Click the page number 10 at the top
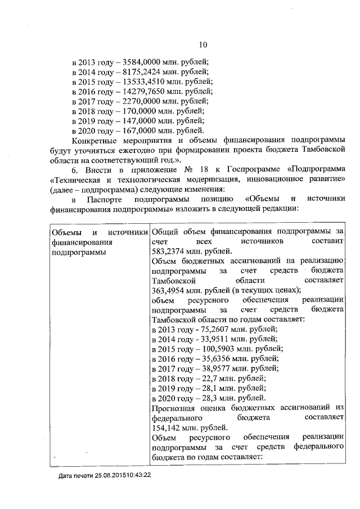[203, 45]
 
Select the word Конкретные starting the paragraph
[97, 139]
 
